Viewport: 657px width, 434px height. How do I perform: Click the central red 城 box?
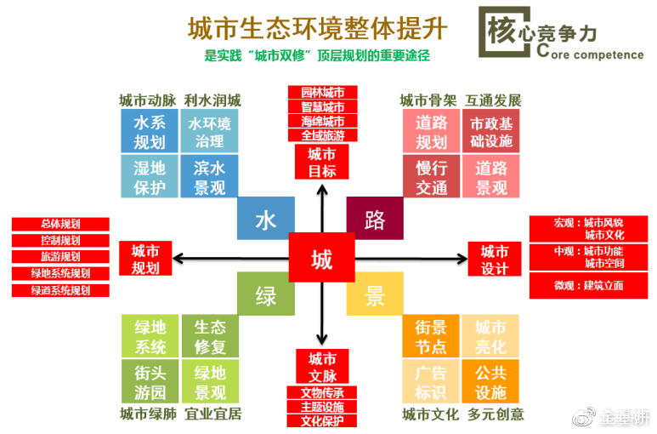[x=321, y=257]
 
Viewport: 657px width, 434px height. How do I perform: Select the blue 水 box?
[x=266, y=220]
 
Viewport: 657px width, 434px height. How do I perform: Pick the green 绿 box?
[x=266, y=294]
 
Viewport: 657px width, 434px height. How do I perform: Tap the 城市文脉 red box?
[x=321, y=367]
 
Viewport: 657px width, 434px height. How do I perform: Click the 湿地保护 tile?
[x=149, y=176]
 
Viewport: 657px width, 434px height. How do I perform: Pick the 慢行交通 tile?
[x=432, y=176]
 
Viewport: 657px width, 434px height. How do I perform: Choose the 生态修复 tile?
[x=210, y=337]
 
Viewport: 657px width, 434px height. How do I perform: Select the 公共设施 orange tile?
[x=490, y=381]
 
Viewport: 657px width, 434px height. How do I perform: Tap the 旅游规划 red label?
[x=60, y=257]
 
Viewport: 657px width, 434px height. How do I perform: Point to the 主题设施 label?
[x=322, y=407]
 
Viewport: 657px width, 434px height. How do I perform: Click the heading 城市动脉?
[x=146, y=100]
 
